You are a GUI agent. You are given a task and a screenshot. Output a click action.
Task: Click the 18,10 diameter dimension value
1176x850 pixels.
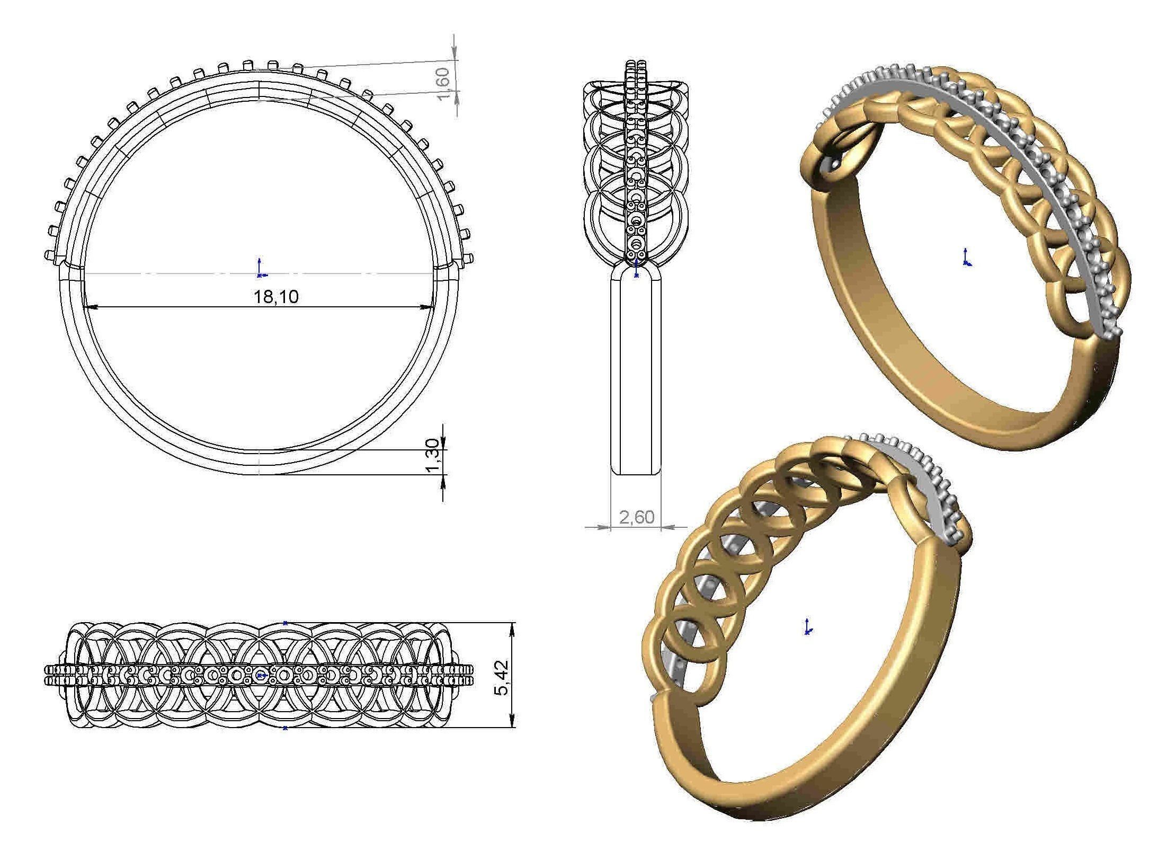pos(276,296)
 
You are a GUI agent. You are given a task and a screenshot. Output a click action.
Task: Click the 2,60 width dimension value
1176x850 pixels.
pos(636,517)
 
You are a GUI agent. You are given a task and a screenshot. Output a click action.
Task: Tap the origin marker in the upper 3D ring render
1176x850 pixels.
pos(967,259)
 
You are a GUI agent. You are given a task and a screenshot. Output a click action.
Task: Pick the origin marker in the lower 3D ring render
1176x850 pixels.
pos(808,628)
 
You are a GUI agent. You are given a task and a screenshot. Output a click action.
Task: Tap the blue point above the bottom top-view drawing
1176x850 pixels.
pos(285,623)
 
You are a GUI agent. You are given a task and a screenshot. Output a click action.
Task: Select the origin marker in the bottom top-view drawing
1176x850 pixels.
pos(260,675)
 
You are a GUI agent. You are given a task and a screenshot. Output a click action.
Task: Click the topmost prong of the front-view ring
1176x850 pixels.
pos(247,65)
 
